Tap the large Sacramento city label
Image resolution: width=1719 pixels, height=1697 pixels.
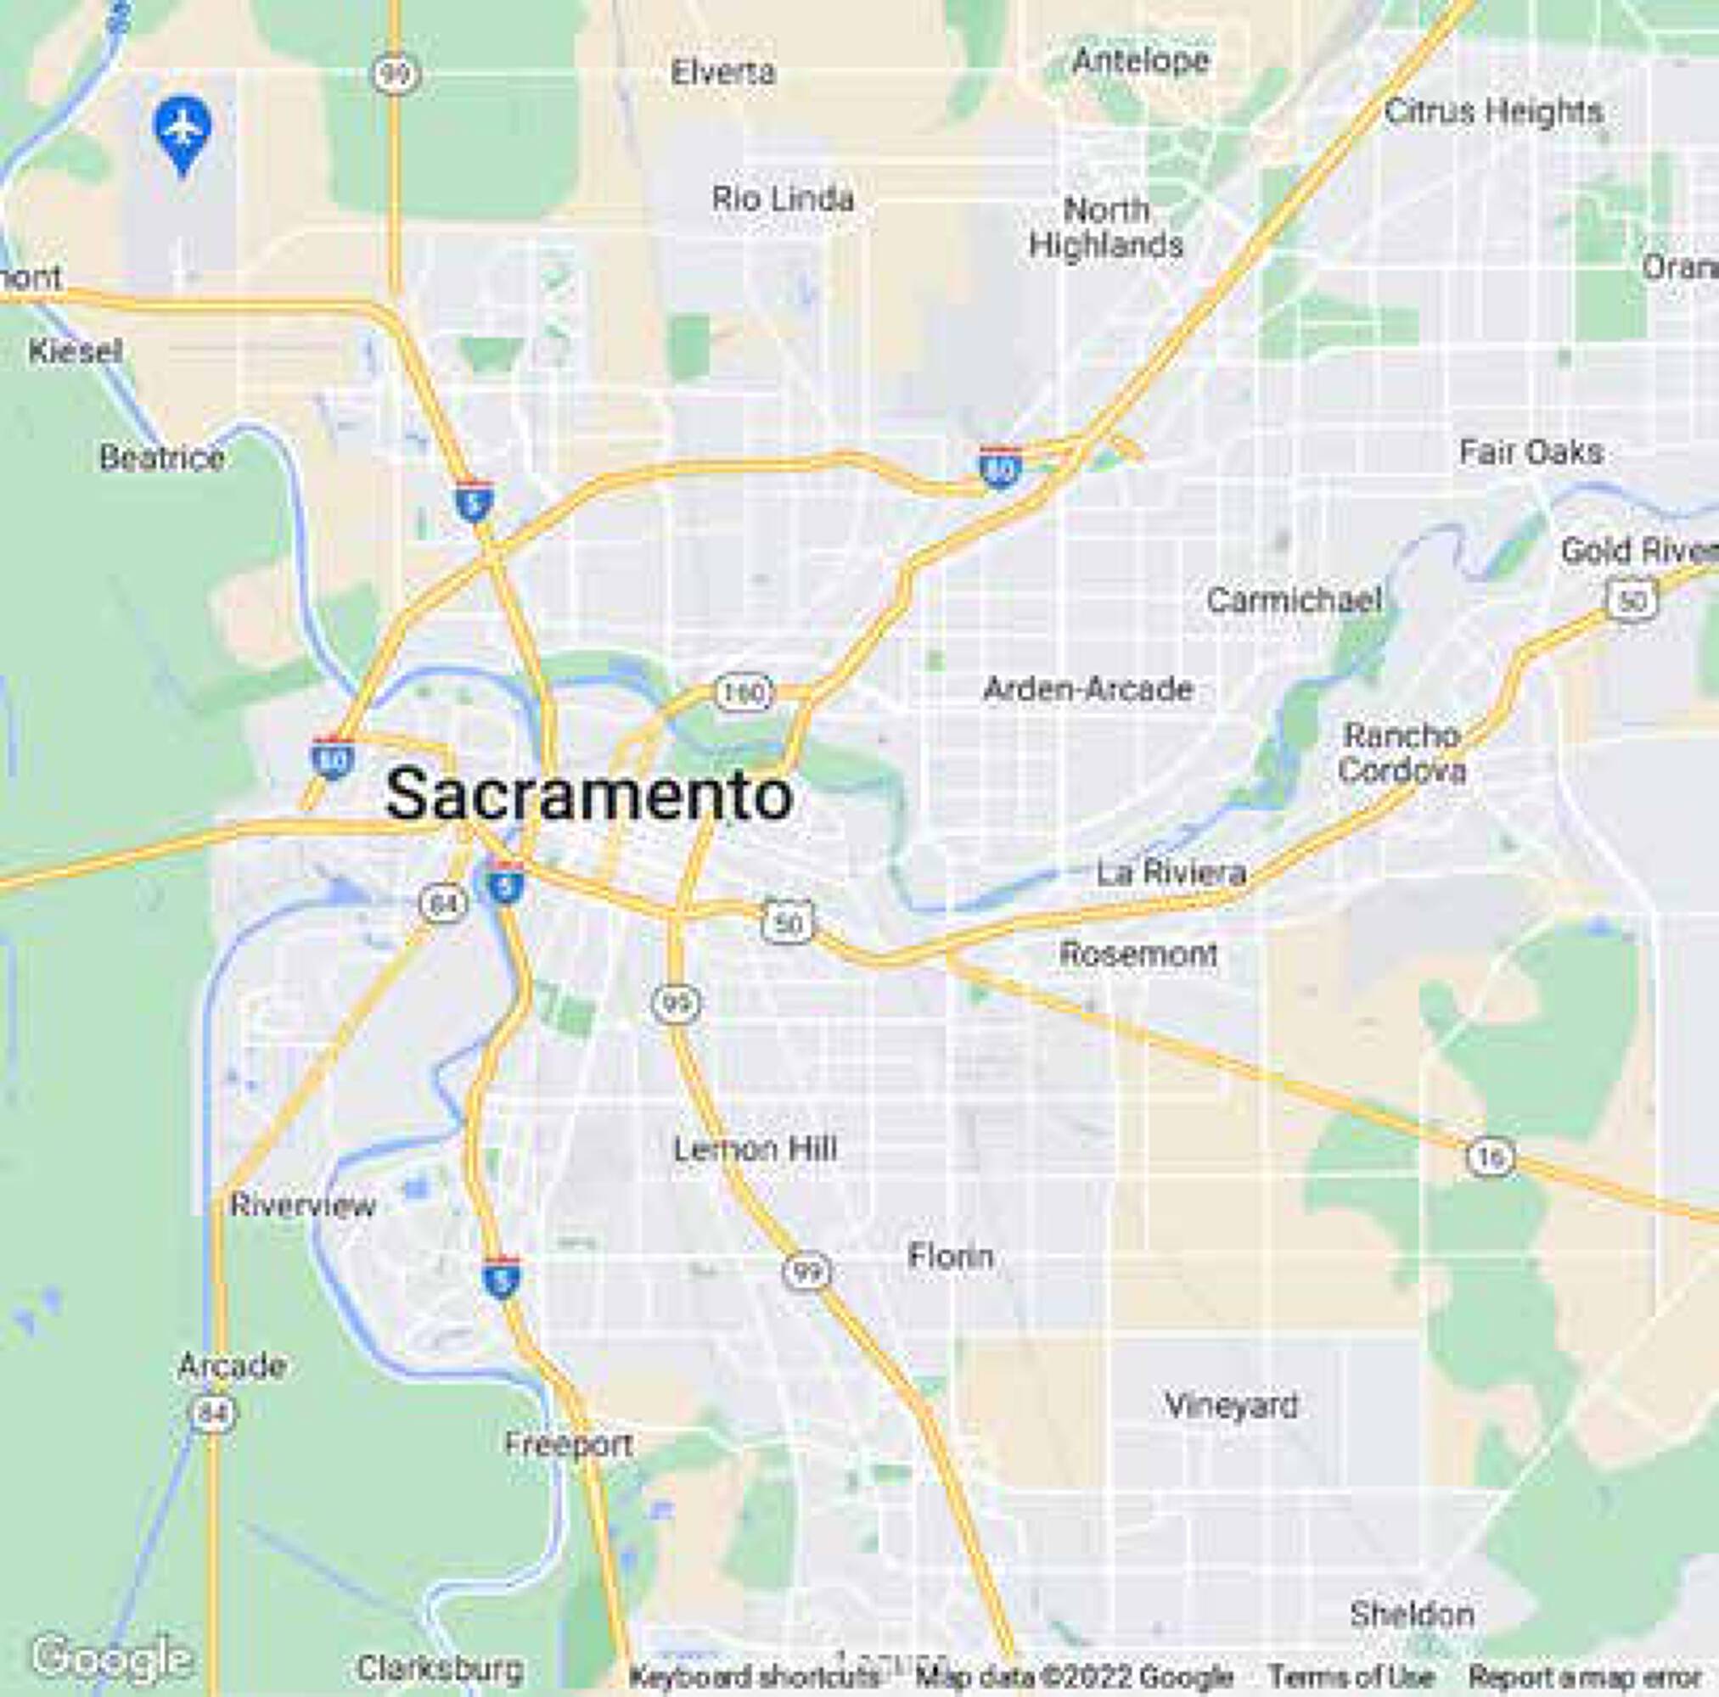pyautogui.click(x=588, y=794)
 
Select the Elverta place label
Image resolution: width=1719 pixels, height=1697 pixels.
pyautogui.click(x=722, y=72)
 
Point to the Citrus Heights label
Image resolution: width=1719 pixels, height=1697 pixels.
pyautogui.click(x=1494, y=112)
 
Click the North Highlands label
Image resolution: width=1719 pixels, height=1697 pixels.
pyautogui.click(x=1106, y=227)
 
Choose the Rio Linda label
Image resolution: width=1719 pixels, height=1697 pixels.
pyautogui.click(x=783, y=199)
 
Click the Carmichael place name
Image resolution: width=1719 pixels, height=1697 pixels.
pyautogui.click(x=1295, y=601)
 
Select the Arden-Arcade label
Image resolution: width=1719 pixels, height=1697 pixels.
pyautogui.click(x=1087, y=688)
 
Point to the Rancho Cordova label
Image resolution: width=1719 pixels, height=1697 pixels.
pyautogui.click(x=1402, y=753)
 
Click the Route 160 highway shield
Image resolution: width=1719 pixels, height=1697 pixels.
pyautogui.click(x=744, y=693)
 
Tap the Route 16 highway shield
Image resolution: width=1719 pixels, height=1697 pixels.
pyautogui.click(x=1490, y=1158)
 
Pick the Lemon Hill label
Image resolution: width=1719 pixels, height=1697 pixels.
pyautogui.click(x=755, y=1149)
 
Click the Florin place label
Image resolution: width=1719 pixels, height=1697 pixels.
pyautogui.click(x=950, y=1256)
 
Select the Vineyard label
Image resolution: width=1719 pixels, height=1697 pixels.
pyautogui.click(x=1232, y=1405)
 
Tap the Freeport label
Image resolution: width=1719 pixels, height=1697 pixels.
pyautogui.click(x=569, y=1443)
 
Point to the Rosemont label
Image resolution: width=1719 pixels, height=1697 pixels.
pyautogui.click(x=1138, y=955)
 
